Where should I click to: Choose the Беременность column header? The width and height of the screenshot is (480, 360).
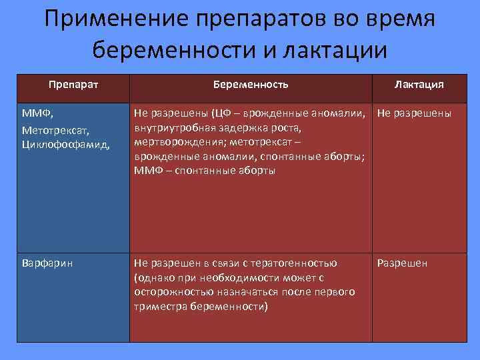click(x=251, y=85)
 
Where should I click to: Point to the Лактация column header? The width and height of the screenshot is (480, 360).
click(x=419, y=85)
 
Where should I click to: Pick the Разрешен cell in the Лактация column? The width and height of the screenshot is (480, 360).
click(x=403, y=263)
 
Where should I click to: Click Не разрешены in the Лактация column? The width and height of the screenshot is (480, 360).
click(x=414, y=113)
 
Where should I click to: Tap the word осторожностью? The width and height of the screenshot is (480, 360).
click(x=169, y=292)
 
